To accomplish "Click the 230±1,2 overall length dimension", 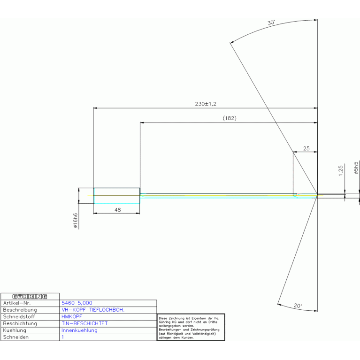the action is click(x=206, y=104).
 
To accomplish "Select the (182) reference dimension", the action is click(x=230, y=118).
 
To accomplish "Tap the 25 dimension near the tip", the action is click(x=306, y=148).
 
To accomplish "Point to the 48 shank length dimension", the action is click(x=117, y=210).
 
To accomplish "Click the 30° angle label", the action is click(x=271, y=23).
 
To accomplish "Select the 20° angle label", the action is click(x=298, y=306).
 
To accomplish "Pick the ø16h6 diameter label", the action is click(x=75, y=221).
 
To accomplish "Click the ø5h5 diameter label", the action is click(x=356, y=168).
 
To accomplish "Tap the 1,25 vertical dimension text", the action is click(x=340, y=170).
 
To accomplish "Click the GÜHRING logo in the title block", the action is click(x=30, y=297).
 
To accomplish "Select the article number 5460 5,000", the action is click(x=77, y=303).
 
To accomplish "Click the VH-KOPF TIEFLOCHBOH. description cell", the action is click(x=93, y=310).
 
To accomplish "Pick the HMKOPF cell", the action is click(x=72, y=317).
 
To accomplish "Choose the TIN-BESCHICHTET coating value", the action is click(x=84, y=323).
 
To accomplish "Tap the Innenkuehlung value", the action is click(x=79, y=330).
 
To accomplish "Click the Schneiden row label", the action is click(x=16, y=337).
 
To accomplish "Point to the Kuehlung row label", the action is click(x=15, y=330).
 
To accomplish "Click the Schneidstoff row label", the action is click(x=19, y=317).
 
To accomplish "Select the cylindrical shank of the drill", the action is click(x=116, y=196).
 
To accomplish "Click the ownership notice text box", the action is click(x=191, y=327).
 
